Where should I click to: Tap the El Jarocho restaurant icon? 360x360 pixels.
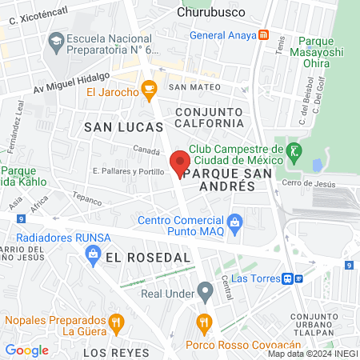coord(148,90)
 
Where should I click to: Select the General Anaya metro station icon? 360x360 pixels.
coord(263,35)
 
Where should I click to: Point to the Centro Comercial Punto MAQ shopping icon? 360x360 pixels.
coord(234,221)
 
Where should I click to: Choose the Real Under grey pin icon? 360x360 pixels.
coord(205,290)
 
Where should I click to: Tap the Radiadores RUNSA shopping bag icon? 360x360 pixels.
coord(92,254)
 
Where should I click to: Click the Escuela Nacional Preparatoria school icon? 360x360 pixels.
coord(56,40)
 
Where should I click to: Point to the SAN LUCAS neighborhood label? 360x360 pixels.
coord(123,126)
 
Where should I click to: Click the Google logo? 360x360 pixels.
coord(26,350)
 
